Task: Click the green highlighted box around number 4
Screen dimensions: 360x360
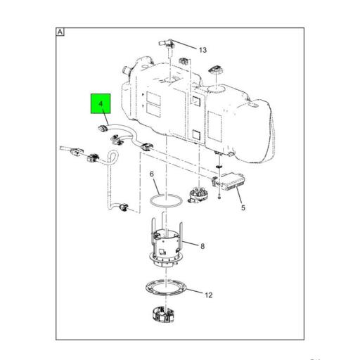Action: tap(101, 103)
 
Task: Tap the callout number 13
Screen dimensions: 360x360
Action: tap(202, 50)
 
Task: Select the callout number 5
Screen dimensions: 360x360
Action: tap(243, 207)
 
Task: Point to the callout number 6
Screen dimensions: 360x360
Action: tap(152, 174)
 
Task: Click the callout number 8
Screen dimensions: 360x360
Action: tap(202, 246)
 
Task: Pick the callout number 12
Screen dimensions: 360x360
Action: tap(209, 295)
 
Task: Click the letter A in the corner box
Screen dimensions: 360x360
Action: tap(60, 32)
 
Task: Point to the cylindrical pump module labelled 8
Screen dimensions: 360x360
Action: tap(166, 248)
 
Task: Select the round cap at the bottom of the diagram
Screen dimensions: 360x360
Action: tap(163, 314)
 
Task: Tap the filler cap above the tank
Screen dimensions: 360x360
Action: tap(215, 70)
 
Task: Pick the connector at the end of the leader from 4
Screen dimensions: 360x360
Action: tap(103, 128)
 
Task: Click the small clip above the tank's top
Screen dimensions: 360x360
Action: tap(184, 61)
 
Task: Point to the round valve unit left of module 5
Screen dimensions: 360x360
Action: tap(198, 194)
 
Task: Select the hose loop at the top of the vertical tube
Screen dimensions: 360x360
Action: tap(113, 156)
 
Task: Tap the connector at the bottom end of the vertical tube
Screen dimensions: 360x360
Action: tap(123, 207)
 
